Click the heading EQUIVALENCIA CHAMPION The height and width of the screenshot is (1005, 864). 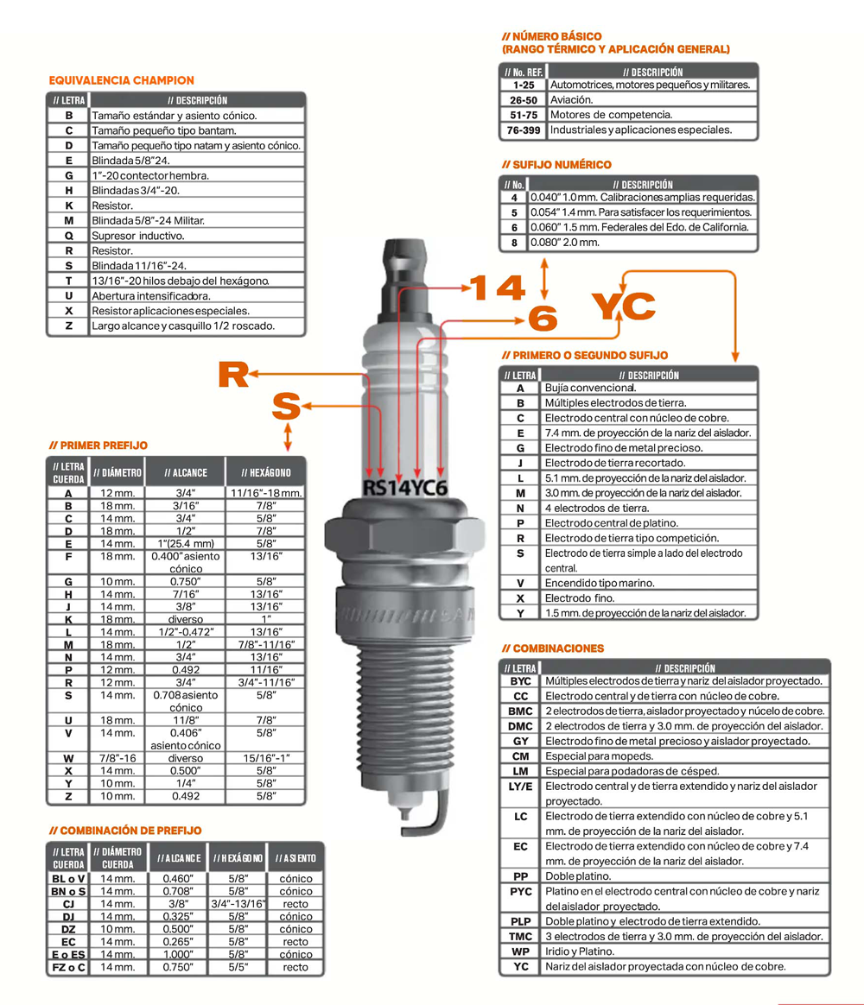(x=121, y=80)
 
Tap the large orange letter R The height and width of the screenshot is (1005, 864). (x=232, y=375)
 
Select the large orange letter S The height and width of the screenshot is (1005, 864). (x=286, y=406)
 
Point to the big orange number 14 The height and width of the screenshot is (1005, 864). (x=498, y=288)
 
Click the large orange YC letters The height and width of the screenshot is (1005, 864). (x=624, y=306)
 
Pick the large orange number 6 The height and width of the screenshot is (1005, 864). (x=543, y=319)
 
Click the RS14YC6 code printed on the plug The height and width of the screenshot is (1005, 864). (x=404, y=488)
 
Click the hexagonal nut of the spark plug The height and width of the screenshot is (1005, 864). (x=404, y=531)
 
